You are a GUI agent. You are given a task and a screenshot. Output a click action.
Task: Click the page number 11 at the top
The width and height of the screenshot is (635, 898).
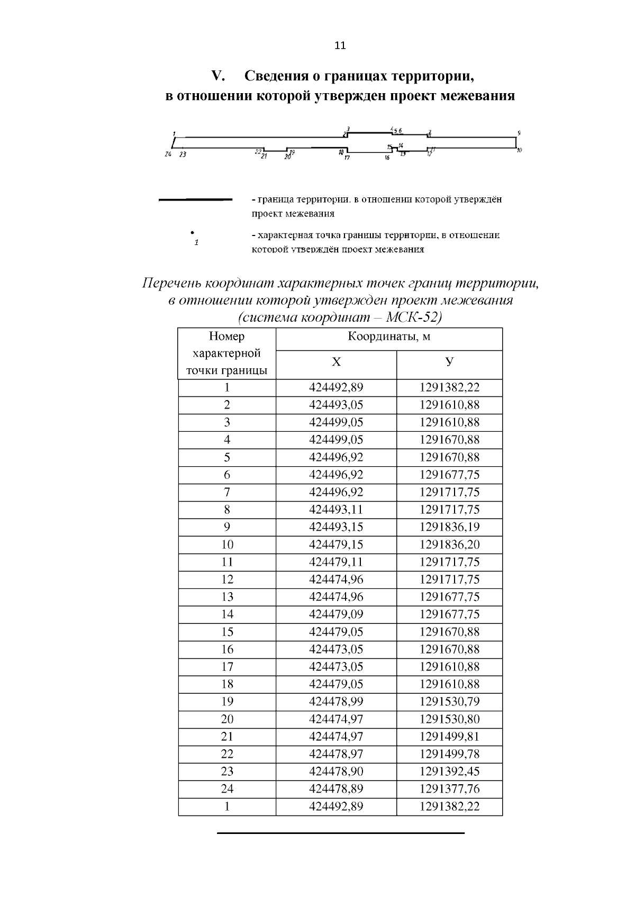pos(340,46)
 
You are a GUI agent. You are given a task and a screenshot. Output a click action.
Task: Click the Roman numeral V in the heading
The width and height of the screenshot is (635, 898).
pos(218,76)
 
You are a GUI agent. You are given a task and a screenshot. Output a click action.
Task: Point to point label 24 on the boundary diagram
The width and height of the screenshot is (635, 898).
pos(168,155)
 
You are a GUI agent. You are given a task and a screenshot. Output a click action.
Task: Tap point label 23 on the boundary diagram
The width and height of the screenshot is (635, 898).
pos(183,155)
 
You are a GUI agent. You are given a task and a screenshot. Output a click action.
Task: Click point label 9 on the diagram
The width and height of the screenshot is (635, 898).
pos(519,133)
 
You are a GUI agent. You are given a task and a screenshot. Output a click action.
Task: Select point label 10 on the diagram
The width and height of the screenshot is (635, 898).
pos(520,151)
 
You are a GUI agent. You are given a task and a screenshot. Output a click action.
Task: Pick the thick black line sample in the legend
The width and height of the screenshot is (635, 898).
pos(196,200)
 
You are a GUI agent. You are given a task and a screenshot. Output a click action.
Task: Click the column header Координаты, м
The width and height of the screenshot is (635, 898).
pos(389,337)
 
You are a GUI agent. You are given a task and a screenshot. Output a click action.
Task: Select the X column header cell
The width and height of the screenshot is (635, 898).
pos(336,362)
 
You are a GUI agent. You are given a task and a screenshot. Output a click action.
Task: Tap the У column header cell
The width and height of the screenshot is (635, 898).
pos(449,362)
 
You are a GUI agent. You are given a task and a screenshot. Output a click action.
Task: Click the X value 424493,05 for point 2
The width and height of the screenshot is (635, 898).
pos(336,405)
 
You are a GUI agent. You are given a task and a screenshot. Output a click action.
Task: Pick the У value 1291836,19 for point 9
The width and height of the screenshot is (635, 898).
pos(449,527)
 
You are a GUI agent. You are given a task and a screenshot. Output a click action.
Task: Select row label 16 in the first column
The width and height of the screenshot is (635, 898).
pos(227,649)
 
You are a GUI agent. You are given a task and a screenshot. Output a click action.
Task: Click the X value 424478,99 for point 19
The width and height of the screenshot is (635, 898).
pos(336,702)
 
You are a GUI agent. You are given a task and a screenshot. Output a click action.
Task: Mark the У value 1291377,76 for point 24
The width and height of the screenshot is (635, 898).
pos(449,789)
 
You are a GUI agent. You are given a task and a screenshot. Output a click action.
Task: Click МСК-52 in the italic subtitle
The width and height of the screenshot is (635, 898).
pos(413,318)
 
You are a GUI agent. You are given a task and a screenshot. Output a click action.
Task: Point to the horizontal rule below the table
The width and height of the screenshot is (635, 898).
pos(340,833)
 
